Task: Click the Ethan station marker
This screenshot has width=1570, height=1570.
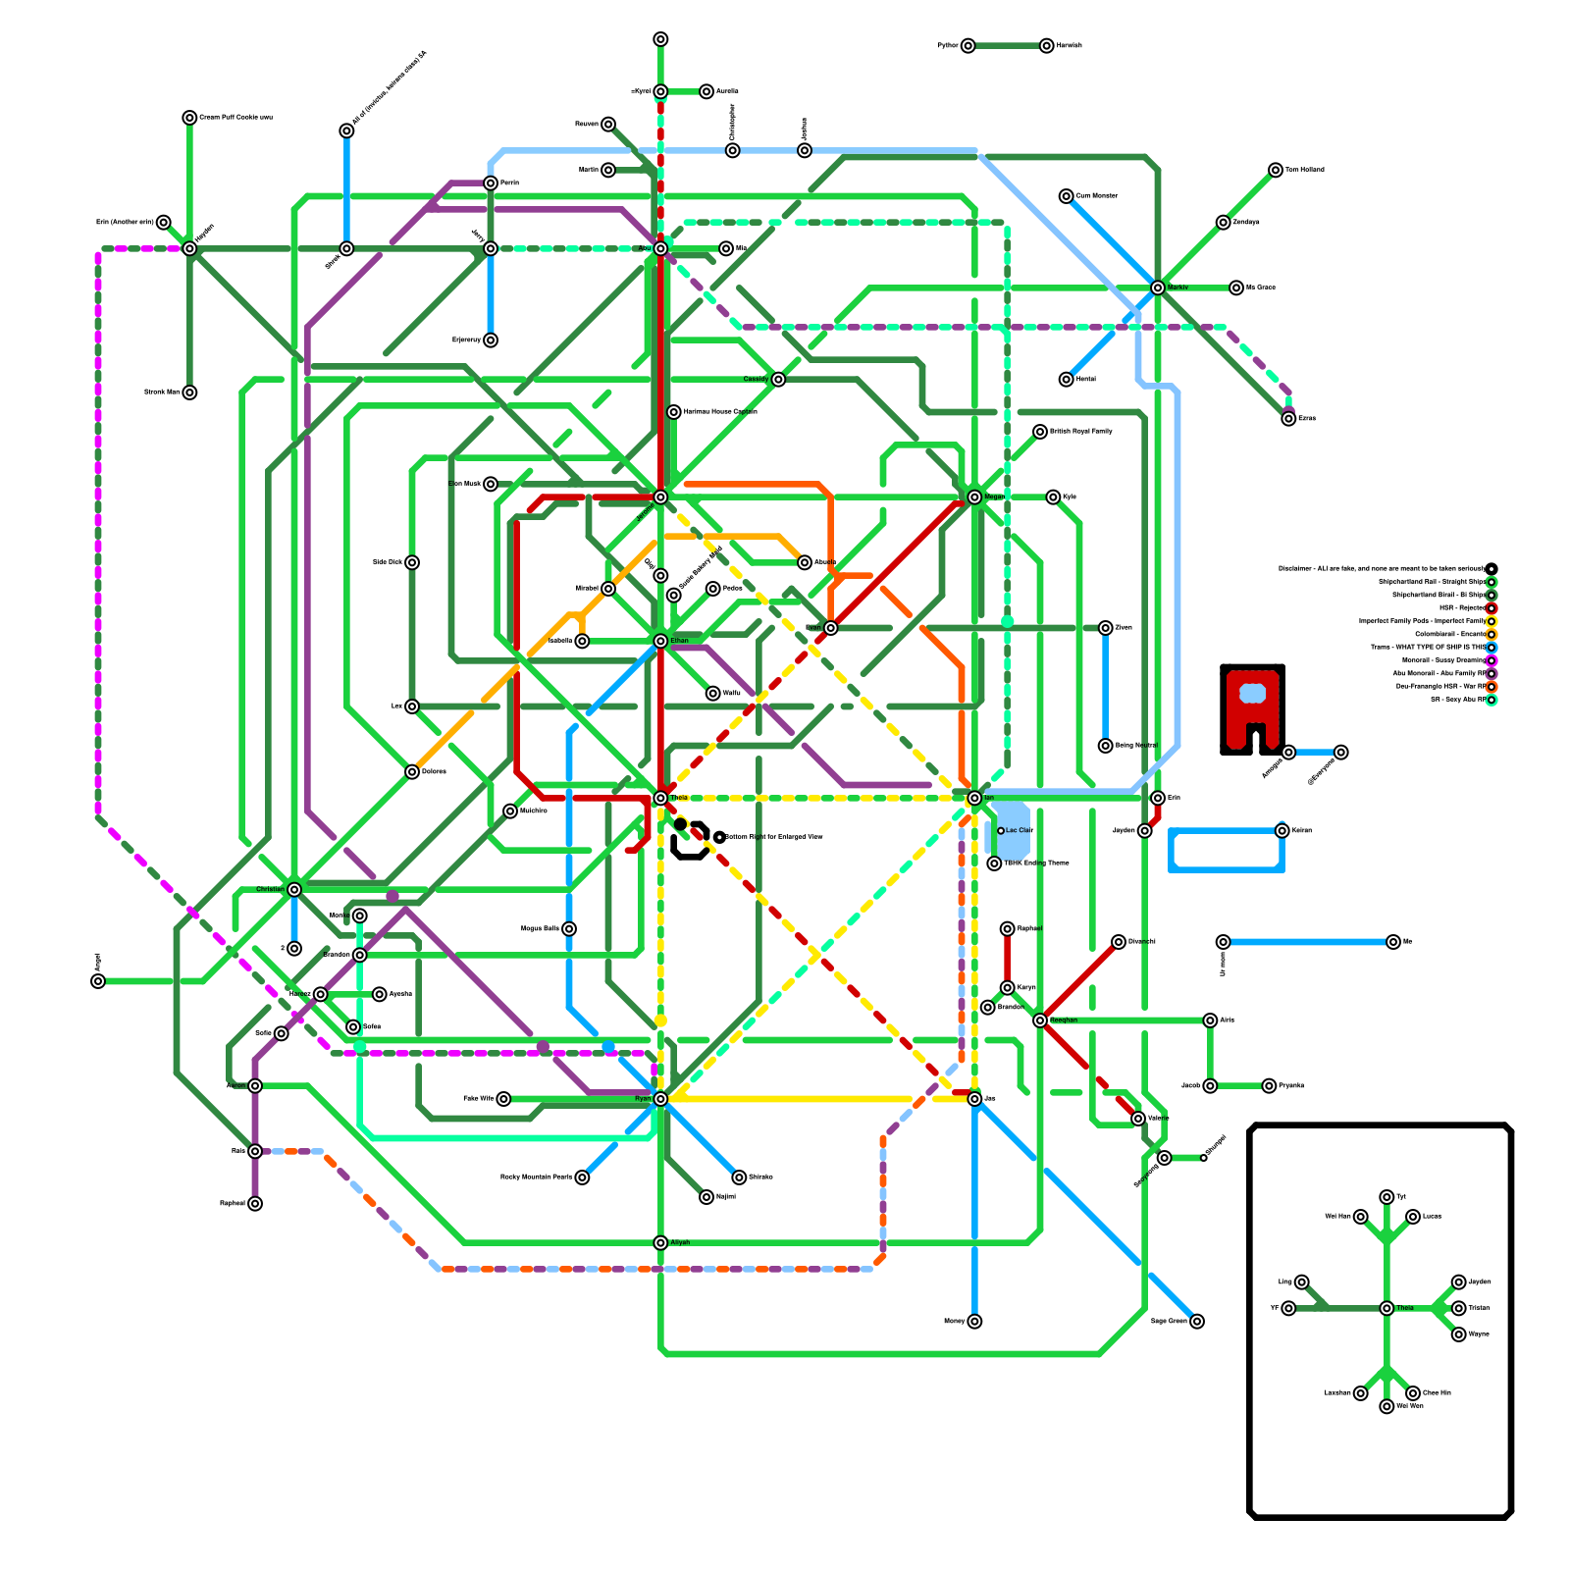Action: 660,641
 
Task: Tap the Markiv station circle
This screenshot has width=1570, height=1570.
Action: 1158,288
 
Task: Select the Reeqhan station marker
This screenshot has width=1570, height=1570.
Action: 1040,1020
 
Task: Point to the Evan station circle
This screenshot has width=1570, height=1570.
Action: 831,628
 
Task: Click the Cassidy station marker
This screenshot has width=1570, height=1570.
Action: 778,380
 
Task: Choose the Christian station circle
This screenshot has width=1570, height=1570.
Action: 294,890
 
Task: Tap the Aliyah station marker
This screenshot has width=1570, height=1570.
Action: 660,1243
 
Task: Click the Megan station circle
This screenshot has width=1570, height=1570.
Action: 974,497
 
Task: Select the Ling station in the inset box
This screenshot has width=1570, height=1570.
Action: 1301,1282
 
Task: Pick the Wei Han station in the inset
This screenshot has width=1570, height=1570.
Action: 1360,1217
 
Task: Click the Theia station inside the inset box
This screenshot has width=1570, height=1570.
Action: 1387,1308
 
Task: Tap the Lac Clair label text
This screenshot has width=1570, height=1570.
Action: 1020,831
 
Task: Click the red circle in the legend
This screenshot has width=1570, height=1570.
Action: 1491,608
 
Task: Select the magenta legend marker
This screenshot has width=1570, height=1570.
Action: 1491,660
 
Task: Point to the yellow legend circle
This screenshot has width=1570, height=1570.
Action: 1491,621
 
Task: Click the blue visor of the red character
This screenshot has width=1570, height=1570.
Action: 1252,694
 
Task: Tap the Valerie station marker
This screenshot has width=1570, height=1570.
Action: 1138,1119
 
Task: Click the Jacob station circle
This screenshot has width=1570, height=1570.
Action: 1210,1086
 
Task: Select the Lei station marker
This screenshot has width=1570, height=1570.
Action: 412,706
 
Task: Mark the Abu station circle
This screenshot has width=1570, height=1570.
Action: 660,249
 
